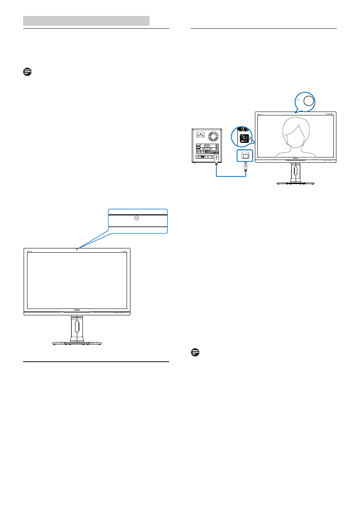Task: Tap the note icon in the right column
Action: tap(195, 352)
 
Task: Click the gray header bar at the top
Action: tap(86, 21)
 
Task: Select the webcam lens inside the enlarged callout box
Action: tap(136, 218)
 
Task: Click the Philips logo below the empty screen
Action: tap(77, 313)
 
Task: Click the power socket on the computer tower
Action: tap(200, 134)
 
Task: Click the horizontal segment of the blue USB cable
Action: tap(231, 175)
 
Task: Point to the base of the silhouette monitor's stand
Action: tap(296, 182)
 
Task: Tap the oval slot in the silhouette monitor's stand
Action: tap(296, 170)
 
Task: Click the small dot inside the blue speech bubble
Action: tap(298, 98)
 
